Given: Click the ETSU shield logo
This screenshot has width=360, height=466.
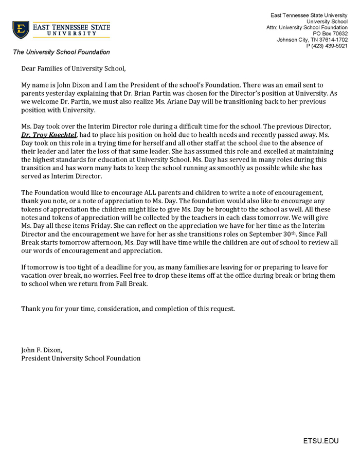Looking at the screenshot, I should tap(21, 29).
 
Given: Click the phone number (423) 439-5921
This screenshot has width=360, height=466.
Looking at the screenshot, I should tap(327, 46).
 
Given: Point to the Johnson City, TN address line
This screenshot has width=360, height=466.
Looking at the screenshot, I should tap(312, 40).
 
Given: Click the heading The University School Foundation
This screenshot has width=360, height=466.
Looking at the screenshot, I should tap(61, 52).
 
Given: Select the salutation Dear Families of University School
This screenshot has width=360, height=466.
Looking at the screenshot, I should tap(73, 68).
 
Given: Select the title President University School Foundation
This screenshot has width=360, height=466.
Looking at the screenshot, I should tap(81, 359).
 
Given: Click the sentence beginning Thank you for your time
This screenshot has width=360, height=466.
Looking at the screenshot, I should tap(128, 309).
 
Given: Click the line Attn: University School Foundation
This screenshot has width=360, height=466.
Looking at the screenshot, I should tap(307, 27).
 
